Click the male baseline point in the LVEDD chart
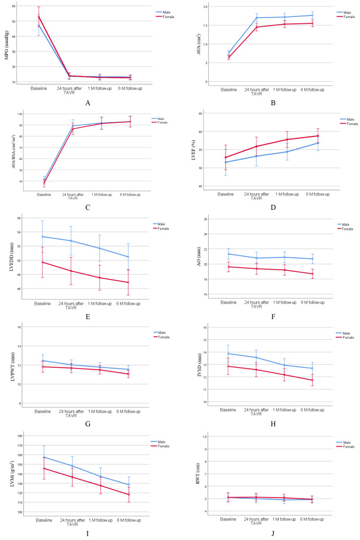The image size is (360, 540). [x=42, y=236]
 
